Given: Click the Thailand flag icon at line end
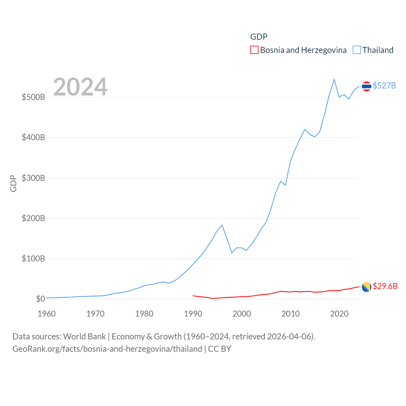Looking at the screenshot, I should point(366,86).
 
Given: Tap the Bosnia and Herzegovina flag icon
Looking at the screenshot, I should point(366,287).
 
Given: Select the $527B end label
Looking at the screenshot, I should point(384,86).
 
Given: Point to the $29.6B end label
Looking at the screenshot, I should point(385,286).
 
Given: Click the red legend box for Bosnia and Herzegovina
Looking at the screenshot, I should point(254,50).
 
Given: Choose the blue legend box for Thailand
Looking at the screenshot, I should point(357,50).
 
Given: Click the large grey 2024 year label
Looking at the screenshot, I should point(80,87).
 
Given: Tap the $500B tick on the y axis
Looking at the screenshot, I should point(33,97).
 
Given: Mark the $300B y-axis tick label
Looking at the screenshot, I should point(33,178).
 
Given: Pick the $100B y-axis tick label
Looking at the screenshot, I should point(33,259).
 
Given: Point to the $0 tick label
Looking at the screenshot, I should point(40,299).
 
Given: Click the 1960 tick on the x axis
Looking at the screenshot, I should point(47,314).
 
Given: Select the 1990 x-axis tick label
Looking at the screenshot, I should point(193,314).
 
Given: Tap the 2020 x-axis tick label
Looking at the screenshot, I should point(339,314).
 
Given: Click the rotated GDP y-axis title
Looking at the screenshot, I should point(13,183).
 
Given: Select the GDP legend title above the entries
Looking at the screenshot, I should point(259,37).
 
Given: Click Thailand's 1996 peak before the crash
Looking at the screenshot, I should point(222,225).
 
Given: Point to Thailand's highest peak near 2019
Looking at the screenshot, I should point(334,79).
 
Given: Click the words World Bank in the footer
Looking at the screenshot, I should point(84,337).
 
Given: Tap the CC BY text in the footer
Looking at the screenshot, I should point(219,349).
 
